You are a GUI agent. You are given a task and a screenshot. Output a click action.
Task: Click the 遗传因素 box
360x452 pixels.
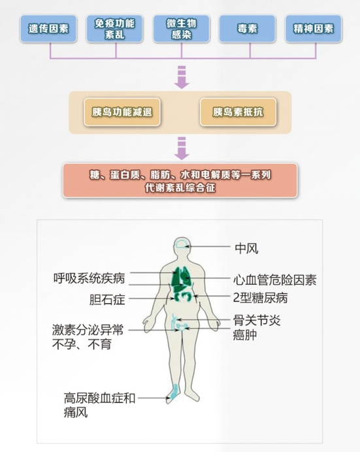click(48, 29)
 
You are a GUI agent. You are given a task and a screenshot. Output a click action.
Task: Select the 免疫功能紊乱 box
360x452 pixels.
click(115, 29)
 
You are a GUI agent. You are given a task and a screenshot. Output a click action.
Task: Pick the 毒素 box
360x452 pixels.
click(247, 29)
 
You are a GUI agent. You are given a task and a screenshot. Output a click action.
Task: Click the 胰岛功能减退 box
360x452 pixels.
click(122, 112)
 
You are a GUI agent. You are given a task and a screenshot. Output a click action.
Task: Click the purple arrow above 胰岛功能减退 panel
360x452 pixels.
click(181, 78)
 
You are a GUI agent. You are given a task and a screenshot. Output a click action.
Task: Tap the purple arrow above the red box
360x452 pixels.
click(181, 148)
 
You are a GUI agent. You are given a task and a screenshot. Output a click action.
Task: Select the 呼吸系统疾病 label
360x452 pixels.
click(90, 278)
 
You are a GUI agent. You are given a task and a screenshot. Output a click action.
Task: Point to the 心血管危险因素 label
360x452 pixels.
click(275, 280)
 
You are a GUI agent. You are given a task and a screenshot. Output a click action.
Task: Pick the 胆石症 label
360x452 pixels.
click(106, 300)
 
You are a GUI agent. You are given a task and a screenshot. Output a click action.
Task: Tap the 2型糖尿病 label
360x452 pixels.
click(260, 299)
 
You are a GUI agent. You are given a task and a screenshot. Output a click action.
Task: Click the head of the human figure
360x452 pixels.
click(181, 248)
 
